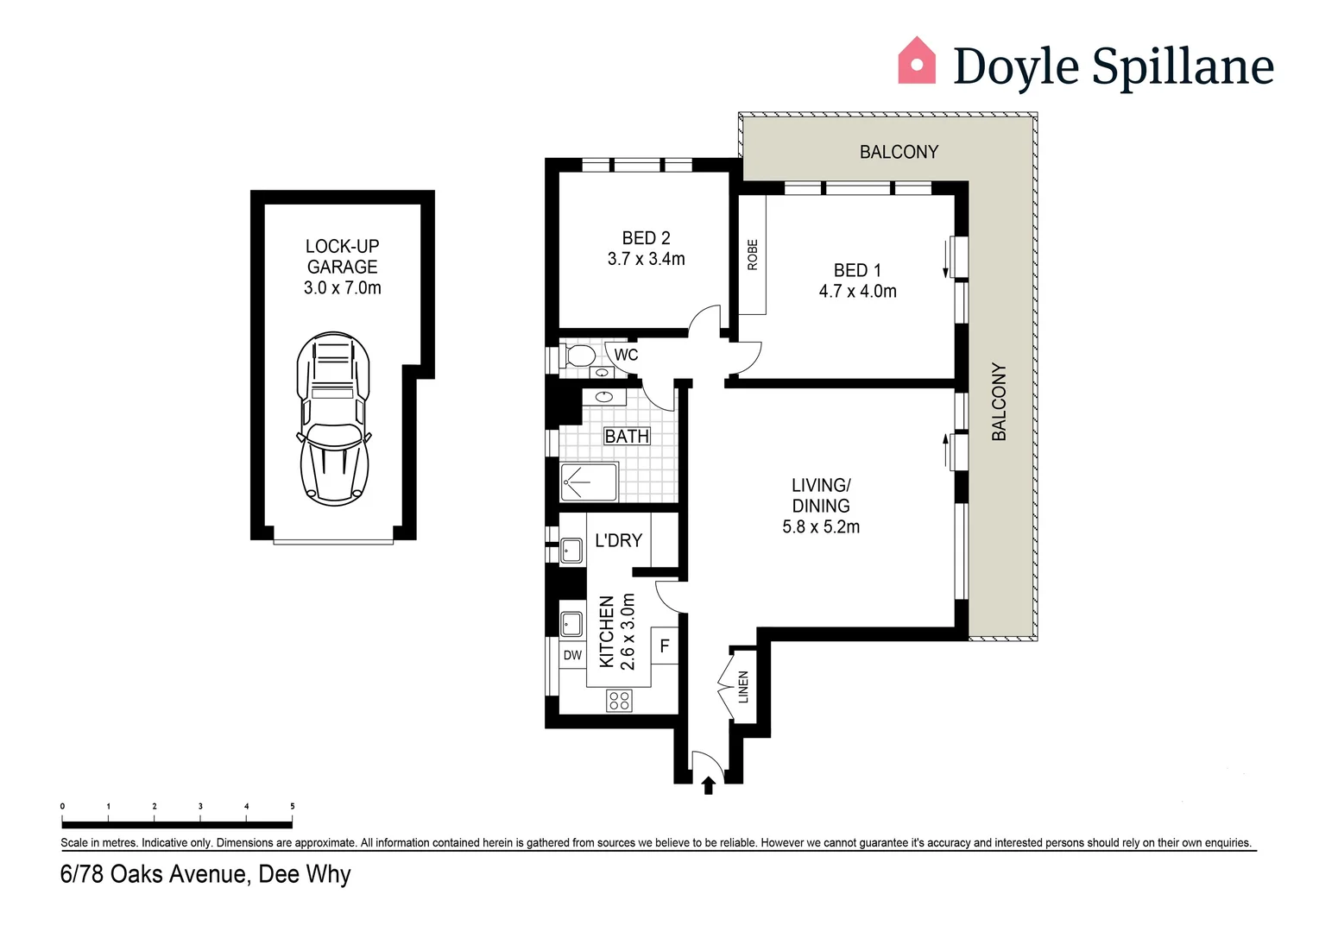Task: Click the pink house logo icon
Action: click(917, 60)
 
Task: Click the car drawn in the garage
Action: click(333, 419)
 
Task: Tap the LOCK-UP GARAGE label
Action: click(343, 256)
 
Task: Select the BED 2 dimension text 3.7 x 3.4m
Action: click(646, 259)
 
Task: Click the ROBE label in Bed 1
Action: click(752, 255)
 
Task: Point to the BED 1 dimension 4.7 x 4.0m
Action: click(857, 292)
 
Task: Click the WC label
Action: click(626, 355)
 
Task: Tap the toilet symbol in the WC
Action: click(579, 355)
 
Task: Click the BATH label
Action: click(627, 437)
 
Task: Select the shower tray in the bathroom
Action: click(590, 482)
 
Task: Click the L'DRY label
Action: click(618, 541)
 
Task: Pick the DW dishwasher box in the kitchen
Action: click(572, 656)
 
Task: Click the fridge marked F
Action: click(664, 645)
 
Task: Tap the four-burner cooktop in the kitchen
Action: click(619, 700)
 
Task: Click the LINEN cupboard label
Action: click(743, 687)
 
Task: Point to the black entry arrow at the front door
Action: click(709, 785)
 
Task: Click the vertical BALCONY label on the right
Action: click(999, 401)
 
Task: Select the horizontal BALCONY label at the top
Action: click(899, 152)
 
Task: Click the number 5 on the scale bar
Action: click(292, 806)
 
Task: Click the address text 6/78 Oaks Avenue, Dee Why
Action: click(205, 874)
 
